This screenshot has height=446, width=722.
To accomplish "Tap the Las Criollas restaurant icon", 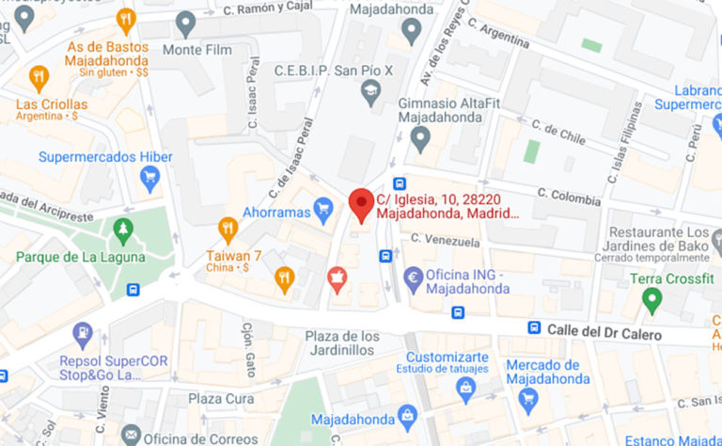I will pos(39,76).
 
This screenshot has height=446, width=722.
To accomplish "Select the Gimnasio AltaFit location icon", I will pos(420,139).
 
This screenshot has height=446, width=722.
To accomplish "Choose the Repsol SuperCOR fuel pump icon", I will pos(84,332).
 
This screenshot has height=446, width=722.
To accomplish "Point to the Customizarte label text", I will pos(447,358).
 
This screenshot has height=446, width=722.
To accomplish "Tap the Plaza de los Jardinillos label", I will pos(342,343).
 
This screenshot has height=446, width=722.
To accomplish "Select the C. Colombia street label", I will pos(569,196).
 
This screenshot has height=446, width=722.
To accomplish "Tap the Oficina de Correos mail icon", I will pos(131,435).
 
